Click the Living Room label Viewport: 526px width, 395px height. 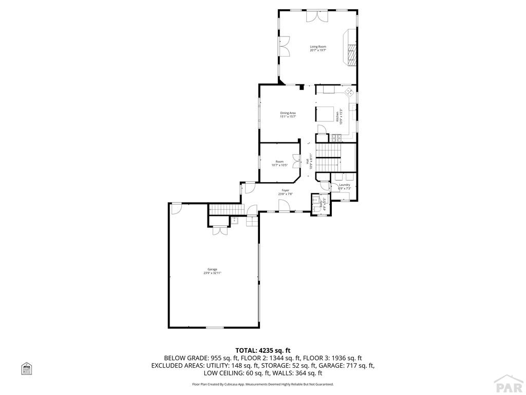pos(317,46)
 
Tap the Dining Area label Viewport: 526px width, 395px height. pos(288,113)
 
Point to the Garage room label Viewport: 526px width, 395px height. pos(212,269)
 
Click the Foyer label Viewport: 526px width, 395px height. pos(285,190)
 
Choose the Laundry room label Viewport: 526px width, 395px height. pos(344,185)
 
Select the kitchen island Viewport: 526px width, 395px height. pos(325,113)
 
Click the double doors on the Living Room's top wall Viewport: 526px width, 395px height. pos(317,16)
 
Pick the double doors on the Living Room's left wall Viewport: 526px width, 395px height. pos(284,47)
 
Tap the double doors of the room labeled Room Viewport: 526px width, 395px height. pos(296,161)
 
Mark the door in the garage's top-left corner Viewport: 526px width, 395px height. pos(176,208)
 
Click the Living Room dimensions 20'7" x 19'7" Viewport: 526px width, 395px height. pos(317,50)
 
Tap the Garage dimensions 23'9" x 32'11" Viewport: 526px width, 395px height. pos(212,273)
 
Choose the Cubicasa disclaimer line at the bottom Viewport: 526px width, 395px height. pos(263,384)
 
